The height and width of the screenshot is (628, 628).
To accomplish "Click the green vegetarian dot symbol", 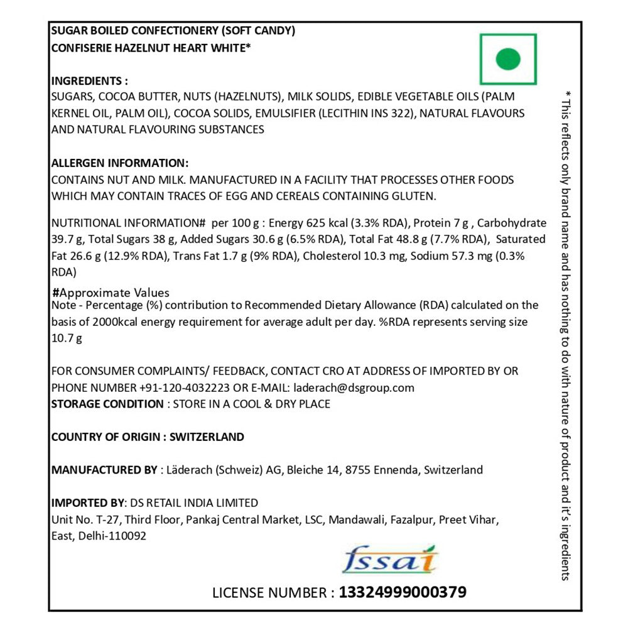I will pyautogui.click(x=508, y=60).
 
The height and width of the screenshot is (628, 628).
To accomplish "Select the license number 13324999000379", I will pyautogui.click(x=403, y=592).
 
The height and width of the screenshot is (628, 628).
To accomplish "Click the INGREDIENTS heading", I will pyautogui.click(x=89, y=81).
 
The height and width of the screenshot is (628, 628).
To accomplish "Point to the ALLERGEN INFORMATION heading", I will pyautogui.click(x=119, y=163).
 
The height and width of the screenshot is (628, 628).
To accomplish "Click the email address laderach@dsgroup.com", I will pyautogui.click(x=352, y=387).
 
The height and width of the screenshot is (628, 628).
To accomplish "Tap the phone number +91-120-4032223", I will pyautogui.click(x=178, y=387).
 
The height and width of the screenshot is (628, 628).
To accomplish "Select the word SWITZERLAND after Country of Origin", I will pyautogui.click(x=207, y=437).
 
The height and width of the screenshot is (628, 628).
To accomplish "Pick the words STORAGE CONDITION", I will pyautogui.click(x=107, y=404).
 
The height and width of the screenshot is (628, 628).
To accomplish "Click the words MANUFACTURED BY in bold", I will pyautogui.click(x=104, y=470).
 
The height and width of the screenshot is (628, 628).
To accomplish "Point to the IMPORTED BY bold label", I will pyautogui.click(x=88, y=502).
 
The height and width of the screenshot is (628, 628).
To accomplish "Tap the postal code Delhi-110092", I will pyautogui.click(x=112, y=536).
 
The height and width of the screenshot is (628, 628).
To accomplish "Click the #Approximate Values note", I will pyautogui.click(x=111, y=293).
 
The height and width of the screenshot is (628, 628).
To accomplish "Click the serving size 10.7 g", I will pyautogui.click(x=67, y=338).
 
